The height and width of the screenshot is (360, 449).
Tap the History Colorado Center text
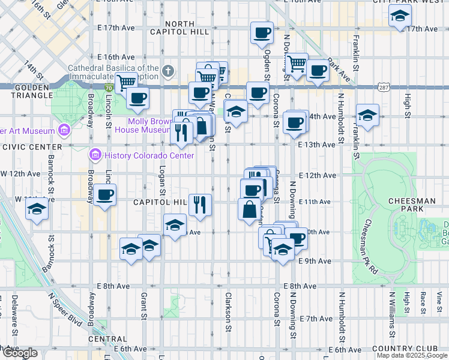(x=149, y=156)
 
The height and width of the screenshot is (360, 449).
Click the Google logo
(x=20, y=353)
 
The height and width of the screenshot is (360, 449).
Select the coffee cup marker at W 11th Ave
(x=105, y=194)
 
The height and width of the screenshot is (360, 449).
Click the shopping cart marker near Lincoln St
(x=127, y=83)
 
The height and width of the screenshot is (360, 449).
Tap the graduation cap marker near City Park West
(x=399, y=17)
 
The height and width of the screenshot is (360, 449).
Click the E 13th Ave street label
(x=316, y=145)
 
